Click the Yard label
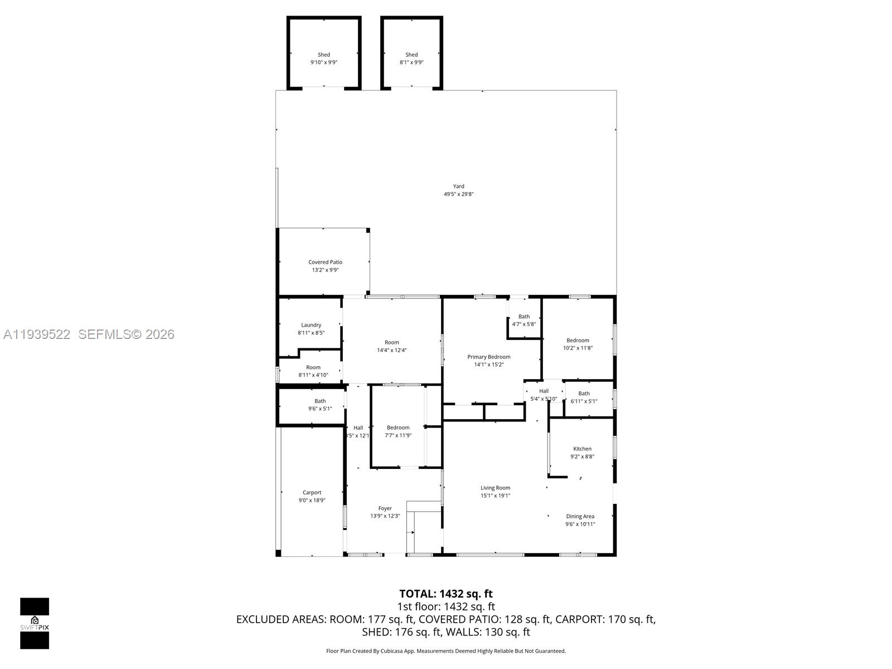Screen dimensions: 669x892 (458, 187)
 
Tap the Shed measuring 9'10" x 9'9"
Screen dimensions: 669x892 (324, 59)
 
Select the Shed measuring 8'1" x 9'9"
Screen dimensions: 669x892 (411, 59)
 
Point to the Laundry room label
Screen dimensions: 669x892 (311, 325)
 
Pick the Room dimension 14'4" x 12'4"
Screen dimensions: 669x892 (391, 350)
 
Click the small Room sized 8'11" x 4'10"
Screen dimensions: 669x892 (313, 371)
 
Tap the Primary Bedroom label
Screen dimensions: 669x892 (488, 357)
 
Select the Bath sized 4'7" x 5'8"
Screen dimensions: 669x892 (524, 320)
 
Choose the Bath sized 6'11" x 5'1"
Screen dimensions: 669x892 (584, 397)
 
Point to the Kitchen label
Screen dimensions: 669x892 (582, 449)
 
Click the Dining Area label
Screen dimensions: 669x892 (580, 516)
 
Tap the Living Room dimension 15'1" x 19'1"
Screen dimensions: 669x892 (495, 495)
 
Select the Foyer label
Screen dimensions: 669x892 (385, 508)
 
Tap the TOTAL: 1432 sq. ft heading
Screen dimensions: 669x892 (446, 594)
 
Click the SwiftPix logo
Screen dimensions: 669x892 (35, 623)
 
